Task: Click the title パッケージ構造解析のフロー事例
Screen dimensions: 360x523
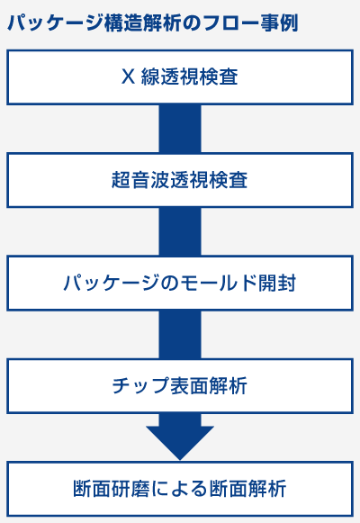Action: pos(152,23)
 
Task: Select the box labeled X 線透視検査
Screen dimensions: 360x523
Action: pos(180,77)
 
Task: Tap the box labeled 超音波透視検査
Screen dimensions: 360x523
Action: pos(180,180)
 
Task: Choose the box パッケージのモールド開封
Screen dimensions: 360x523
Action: pos(180,284)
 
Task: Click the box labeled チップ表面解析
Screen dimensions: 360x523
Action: pos(180,386)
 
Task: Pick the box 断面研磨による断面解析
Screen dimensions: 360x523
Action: pos(180,489)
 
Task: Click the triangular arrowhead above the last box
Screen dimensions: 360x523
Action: pos(180,443)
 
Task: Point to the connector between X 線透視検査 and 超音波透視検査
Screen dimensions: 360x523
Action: pos(180,129)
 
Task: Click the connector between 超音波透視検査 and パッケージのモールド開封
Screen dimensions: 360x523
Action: pos(180,232)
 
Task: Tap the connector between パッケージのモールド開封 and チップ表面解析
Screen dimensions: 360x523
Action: pos(180,335)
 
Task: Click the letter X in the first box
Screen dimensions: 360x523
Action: pos(128,77)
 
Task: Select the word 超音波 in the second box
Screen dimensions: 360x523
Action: pos(140,180)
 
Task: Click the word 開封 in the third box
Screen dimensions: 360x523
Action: pos(276,283)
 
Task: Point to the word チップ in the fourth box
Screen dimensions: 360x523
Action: pos(140,386)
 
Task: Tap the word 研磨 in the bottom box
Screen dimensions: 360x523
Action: pos(130,489)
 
